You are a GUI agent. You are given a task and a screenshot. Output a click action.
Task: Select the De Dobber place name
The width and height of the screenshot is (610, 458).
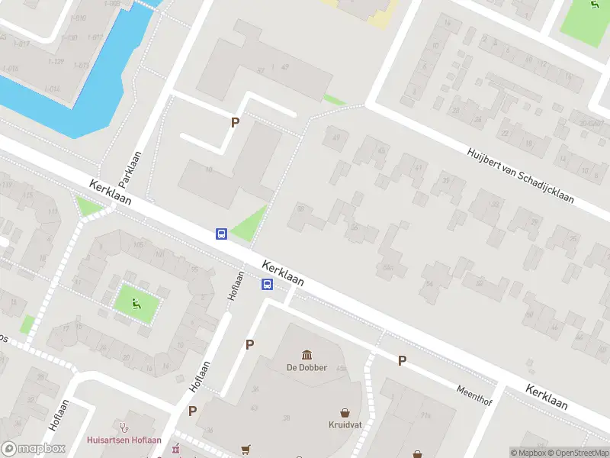coord(307,367)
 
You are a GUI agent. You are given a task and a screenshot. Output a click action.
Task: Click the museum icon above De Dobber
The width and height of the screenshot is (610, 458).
coord(307,355)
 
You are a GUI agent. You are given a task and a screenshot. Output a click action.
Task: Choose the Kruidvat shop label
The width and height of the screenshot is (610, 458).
coord(345,424)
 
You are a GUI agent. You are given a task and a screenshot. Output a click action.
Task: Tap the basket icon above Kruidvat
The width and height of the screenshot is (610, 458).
coord(345,412)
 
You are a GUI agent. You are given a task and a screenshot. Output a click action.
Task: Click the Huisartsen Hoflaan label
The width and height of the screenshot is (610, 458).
coord(124,439)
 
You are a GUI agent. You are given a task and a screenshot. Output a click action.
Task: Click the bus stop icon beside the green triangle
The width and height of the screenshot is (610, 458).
coord(222,234)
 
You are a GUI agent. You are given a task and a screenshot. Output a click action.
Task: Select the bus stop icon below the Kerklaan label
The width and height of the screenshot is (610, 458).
coord(268,285)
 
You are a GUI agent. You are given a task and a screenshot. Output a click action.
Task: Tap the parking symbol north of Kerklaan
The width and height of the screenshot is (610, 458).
coord(236,122)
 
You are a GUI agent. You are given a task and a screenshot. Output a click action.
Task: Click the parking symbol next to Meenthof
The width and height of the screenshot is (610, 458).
coord(402,360)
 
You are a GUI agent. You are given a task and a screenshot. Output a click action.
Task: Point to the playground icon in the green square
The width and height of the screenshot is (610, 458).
coord(137,304)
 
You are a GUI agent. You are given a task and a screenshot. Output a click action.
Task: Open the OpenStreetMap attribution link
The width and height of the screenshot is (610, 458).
coord(580,453)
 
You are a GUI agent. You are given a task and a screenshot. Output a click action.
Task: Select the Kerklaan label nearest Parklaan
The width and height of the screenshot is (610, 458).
coord(111,192)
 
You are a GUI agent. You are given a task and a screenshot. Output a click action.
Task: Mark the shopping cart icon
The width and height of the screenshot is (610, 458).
coord(246,450)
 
